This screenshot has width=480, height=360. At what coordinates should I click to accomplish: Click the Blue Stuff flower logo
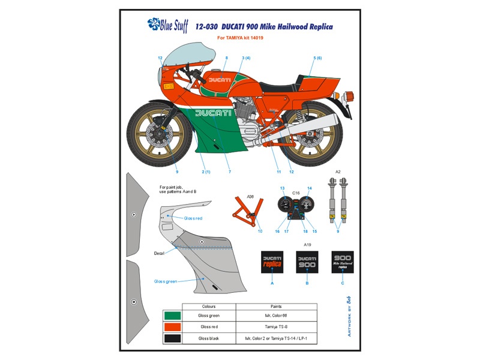coord(155,25)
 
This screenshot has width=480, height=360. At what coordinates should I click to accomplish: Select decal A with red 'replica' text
coord(272,262)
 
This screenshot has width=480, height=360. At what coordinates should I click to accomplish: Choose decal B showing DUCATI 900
coord(307,262)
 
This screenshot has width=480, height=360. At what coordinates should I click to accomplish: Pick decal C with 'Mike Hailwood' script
coord(343,262)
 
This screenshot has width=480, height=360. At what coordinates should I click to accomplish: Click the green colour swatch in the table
coord(172,315)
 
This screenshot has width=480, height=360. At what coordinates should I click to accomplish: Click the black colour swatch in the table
coord(172,338)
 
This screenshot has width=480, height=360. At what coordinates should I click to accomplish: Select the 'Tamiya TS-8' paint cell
coord(276,326)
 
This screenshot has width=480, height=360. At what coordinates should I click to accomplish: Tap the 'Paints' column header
coord(276,306)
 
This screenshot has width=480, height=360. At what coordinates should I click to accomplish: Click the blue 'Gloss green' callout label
coord(166,281)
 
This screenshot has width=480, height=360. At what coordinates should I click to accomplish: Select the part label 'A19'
coord(307,245)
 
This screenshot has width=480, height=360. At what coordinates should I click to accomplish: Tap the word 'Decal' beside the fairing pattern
coord(159,253)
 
